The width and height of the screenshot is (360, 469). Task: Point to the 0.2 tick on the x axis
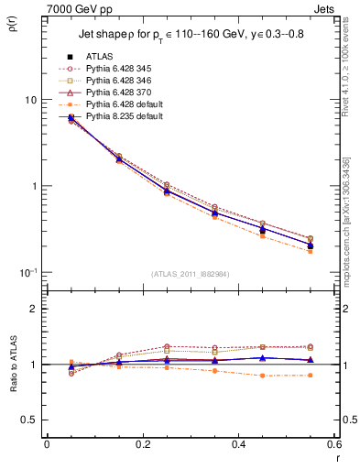pyautogui.click(x=142, y=444)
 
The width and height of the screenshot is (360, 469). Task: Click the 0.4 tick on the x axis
pyautogui.click(x=238, y=444)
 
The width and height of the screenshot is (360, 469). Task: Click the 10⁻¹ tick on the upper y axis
pyautogui.click(x=27, y=272)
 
